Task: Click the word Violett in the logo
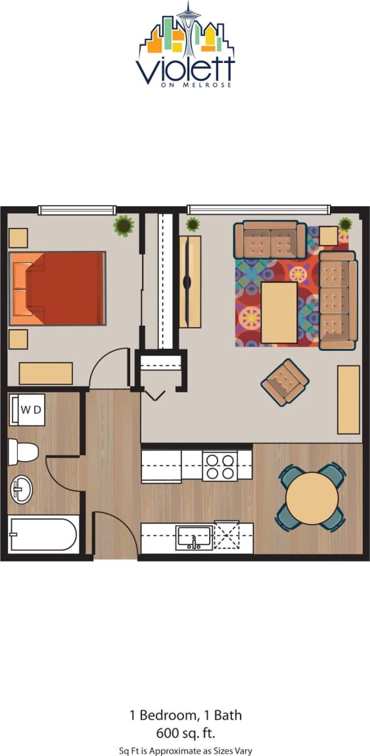(185, 69)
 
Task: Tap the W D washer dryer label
(27, 410)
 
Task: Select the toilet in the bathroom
(22, 452)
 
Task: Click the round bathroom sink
(21, 489)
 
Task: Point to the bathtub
(43, 533)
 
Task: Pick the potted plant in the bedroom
(123, 225)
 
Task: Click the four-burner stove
(220, 466)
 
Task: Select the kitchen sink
(194, 537)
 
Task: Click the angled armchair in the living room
(285, 382)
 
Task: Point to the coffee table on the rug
(279, 313)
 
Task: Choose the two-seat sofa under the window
(269, 240)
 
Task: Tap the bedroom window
(77, 210)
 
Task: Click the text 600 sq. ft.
(185, 732)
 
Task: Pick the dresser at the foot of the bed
(46, 373)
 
